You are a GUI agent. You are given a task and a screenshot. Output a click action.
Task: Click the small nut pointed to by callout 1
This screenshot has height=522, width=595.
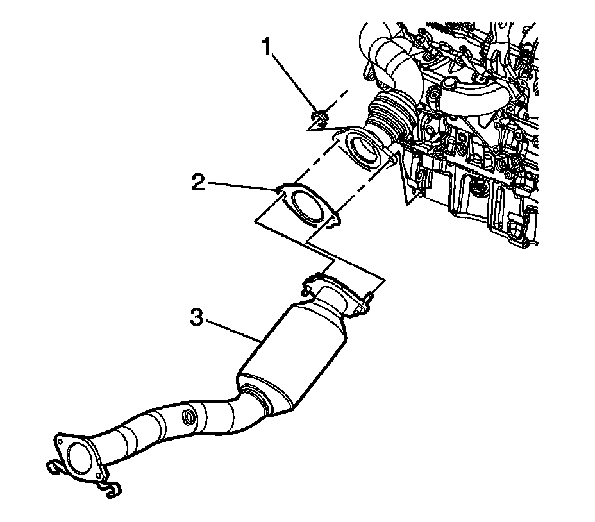(x=319, y=117)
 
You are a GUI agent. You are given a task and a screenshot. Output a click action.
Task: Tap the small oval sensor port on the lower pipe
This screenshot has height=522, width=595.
(x=190, y=417)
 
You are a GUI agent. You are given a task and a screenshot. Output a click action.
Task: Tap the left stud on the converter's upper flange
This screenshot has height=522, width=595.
(x=309, y=280)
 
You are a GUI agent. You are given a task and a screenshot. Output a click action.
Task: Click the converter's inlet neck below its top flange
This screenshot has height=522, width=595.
(x=333, y=299)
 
